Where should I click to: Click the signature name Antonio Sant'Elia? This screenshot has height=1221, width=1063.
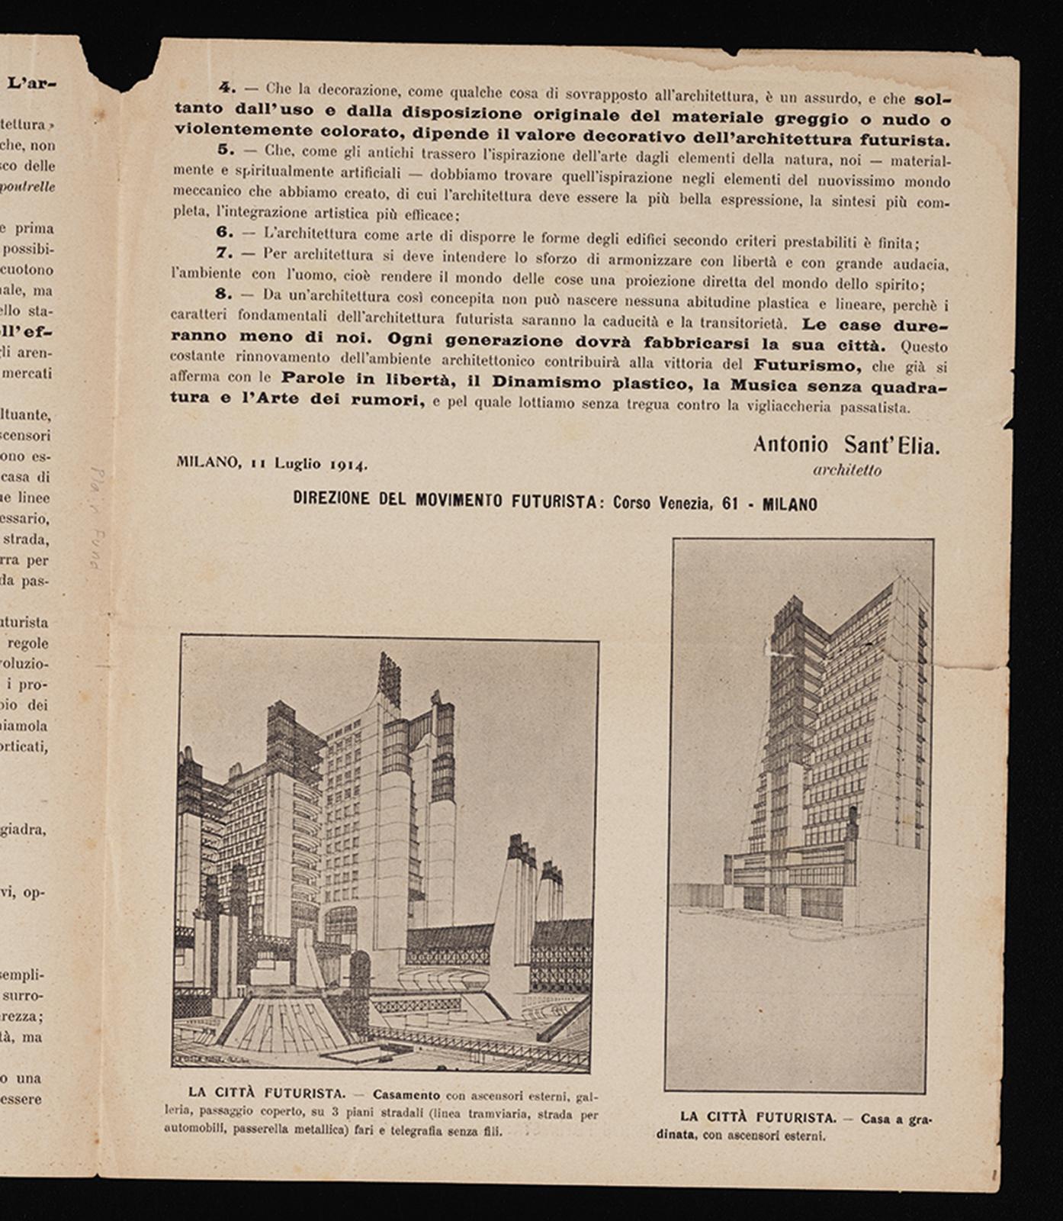846,445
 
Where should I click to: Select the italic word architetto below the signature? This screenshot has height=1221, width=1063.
846,471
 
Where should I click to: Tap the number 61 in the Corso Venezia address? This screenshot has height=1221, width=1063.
730,504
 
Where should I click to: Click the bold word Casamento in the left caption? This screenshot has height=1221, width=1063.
406,1095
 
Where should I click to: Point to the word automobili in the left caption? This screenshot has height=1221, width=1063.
195,1129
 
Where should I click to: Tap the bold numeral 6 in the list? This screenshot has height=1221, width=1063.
224,231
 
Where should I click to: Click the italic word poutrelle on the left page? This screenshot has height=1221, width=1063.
28,187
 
